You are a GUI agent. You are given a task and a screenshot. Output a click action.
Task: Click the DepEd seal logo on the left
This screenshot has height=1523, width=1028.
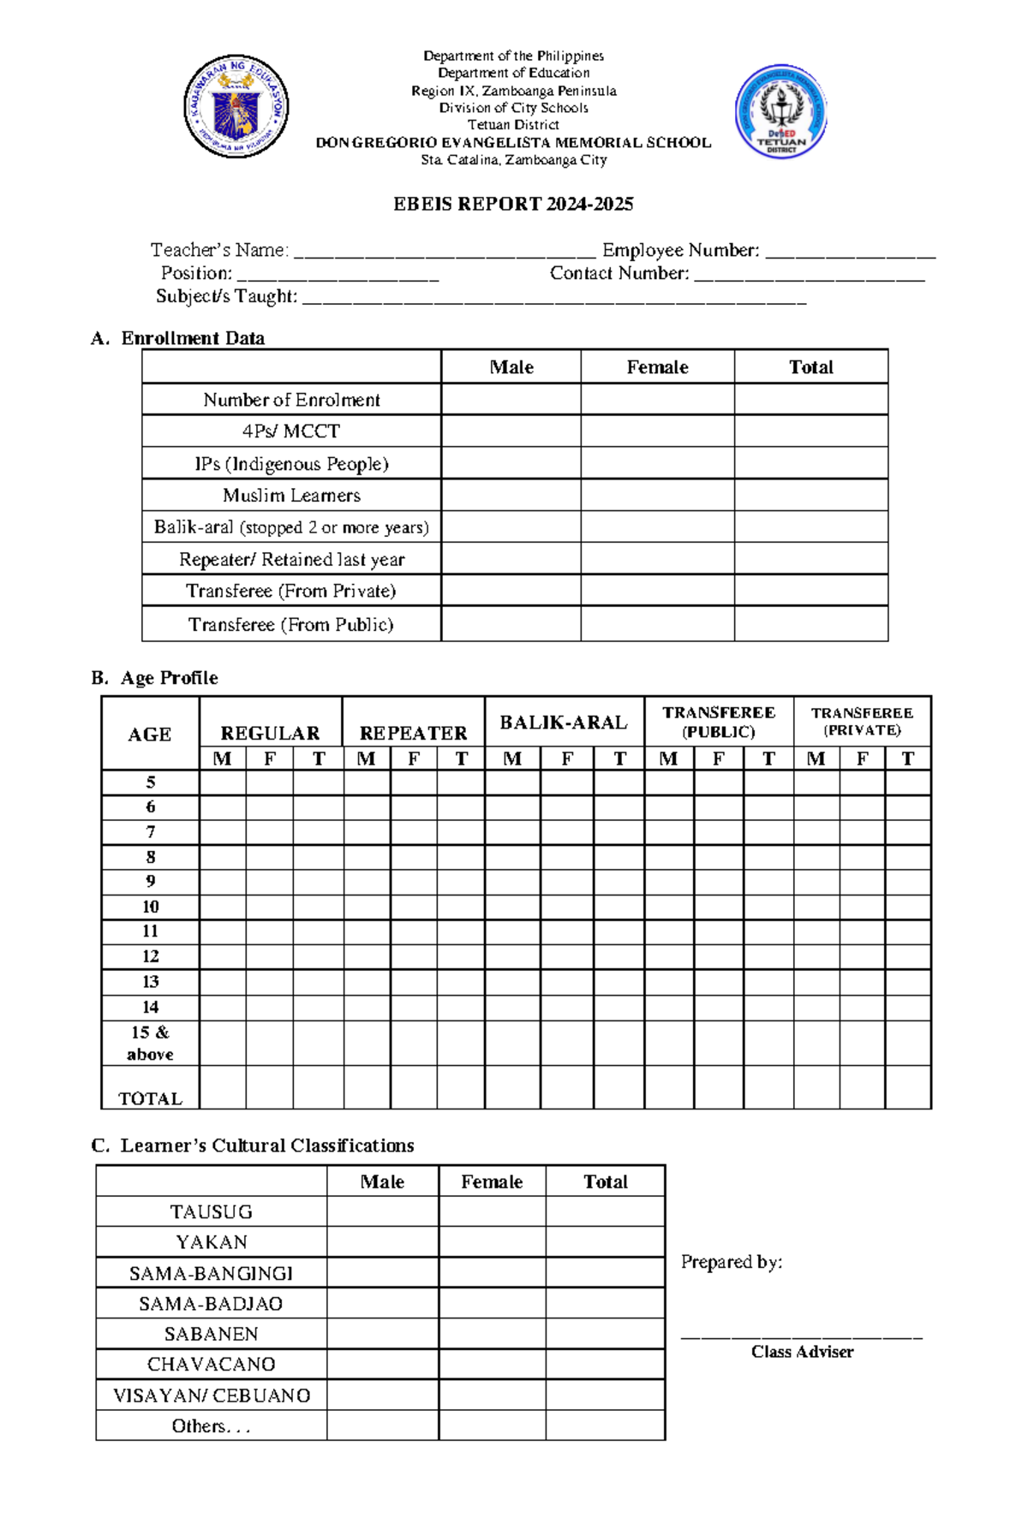pyautogui.click(x=236, y=107)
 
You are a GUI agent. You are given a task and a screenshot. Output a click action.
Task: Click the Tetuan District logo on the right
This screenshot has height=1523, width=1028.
pyautogui.click(x=780, y=111)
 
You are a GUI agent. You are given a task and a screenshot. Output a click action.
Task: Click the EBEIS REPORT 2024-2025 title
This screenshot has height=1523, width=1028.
pyautogui.click(x=513, y=204)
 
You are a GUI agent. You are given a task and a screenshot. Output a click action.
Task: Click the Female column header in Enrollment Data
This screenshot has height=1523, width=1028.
pyautogui.click(x=657, y=367)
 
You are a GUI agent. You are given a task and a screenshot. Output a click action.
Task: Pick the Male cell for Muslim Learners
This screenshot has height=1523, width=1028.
pyautogui.click(x=511, y=495)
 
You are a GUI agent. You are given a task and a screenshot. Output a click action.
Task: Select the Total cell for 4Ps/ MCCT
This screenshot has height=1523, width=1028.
pyautogui.click(x=810, y=431)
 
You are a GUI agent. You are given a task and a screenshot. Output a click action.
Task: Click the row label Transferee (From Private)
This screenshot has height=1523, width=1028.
pyautogui.click(x=291, y=591)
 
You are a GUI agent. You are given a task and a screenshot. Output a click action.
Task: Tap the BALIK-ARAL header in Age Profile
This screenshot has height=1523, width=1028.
pyautogui.click(x=564, y=723)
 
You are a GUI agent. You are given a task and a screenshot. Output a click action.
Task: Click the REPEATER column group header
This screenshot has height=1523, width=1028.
pyautogui.click(x=413, y=733)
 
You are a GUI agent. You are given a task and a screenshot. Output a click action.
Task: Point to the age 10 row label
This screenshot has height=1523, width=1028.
pyautogui.click(x=151, y=907)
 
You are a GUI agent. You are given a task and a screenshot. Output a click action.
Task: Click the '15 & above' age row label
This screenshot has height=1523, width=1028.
pyautogui.click(x=151, y=1043)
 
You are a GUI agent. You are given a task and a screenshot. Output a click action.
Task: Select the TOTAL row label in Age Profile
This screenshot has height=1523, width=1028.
pyautogui.click(x=151, y=1098)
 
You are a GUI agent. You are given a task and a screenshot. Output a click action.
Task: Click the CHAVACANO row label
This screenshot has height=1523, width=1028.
pyautogui.click(x=211, y=1364)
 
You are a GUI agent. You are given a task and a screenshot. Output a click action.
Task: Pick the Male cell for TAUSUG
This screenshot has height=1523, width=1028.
pyautogui.click(x=382, y=1211)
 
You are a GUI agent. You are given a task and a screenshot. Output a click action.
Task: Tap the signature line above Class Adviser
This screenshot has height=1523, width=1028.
pyautogui.click(x=802, y=1336)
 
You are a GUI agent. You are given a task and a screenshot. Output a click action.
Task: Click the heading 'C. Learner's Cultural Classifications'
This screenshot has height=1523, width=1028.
pyautogui.click(x=254, y=1145)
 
